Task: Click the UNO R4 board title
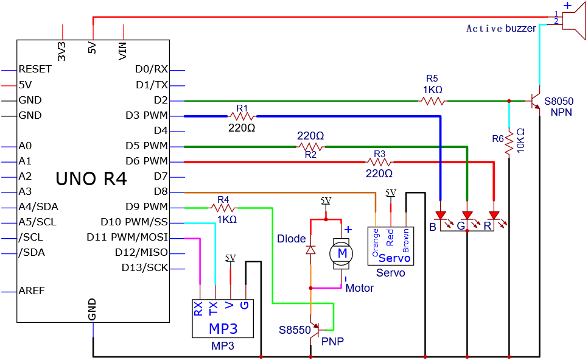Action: coord(91,178)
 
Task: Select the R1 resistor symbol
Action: coord(242,116)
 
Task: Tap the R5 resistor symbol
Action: coord(433,101)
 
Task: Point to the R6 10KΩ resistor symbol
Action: coord(509,142)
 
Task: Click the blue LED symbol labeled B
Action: coord(440,216)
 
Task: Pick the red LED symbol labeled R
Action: coord(494,216)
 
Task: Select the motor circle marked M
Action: coord(341,253)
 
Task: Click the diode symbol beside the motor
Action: coord(310,250)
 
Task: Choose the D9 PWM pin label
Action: coord(147,207)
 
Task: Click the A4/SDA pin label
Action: coord(38,207)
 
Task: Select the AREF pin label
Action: coord(32,291)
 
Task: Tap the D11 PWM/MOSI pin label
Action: coord(127,237)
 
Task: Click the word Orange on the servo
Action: coord(376,242)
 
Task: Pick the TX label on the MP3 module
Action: coord(213,309)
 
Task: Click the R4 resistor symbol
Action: coord(223,208)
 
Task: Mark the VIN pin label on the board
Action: coord(122,51)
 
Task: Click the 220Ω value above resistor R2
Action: coord(310,135)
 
